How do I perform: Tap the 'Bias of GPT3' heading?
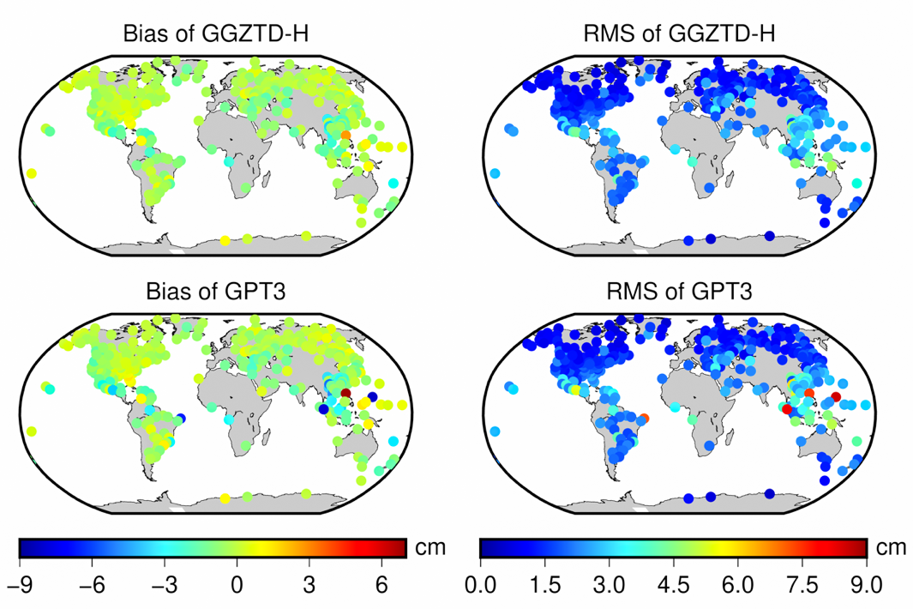pos(215,292)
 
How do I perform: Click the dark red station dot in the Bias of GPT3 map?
pos(345,393)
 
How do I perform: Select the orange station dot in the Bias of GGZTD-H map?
pos(345,136)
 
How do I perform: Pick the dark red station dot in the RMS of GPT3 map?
pos(836,396)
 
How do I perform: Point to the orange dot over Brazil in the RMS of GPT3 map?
pos(644,418)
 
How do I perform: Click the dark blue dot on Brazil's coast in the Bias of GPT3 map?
pos(182,418)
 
